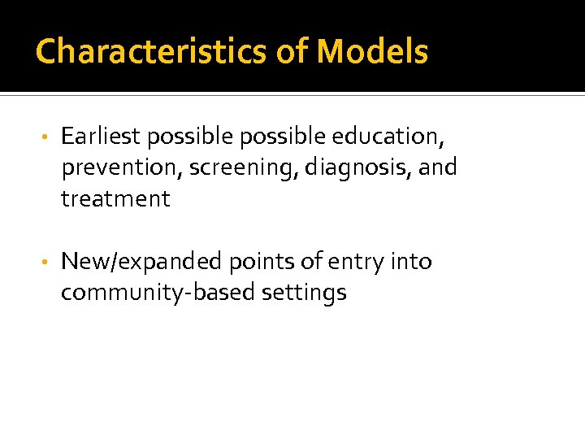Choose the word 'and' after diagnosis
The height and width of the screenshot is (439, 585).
(439, 167)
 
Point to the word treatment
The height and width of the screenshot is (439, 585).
(115, 199)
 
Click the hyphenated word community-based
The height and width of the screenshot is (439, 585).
(158, 293)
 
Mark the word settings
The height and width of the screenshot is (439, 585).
(304, 293)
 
